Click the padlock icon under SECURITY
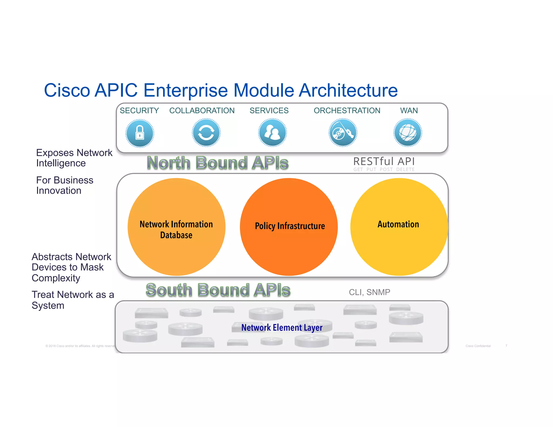tap(140, 133)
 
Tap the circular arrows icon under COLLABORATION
tap(206, 133)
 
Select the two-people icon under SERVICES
tap(272, 133)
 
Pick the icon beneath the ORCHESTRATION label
tap(343, 133)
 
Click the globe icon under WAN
tap(408, 133)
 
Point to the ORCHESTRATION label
tap(347, 111)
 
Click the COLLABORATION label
tap(202, 111)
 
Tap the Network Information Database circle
tap(176, 227)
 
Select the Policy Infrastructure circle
tap(289, 227)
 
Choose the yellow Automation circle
tap(399, 227)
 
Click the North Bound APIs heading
tap(218, 163)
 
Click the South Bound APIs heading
tap(218, 290)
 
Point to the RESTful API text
tap(384, 161)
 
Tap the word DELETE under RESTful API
tap(405, 170)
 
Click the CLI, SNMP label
tap(369, 292)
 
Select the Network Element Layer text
tap(282, 327)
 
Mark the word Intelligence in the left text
tap(61, 163)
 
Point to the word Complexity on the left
tap(56, 278)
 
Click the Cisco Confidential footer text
tap(478, 346)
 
